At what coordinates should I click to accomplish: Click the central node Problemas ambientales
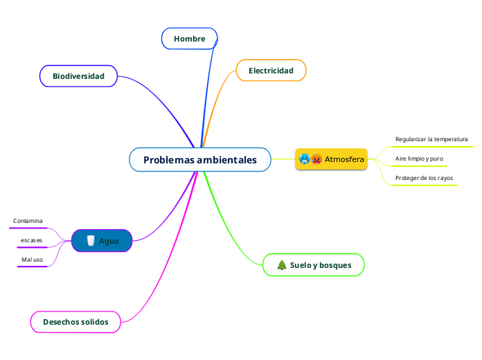(199, 160)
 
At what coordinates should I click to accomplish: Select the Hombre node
(190, 39)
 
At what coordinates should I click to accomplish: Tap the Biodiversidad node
(78, 76)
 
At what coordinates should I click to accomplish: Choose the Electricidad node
(271, 71)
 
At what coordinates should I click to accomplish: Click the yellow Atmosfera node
(331, 159)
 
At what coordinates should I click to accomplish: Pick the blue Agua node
(102, 241)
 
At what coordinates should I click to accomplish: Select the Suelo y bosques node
(314, 265)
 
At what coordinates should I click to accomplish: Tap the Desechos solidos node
(75, 322)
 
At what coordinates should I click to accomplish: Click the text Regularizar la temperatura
(431, 139)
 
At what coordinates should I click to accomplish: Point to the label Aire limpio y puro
(419, 159)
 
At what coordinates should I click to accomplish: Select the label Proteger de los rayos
(424, 178)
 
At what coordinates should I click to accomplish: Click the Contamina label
(28, 221)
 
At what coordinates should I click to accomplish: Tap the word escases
(31, 240)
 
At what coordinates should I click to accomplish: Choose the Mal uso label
(32, 260)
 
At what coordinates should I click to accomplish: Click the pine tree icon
(282, 265)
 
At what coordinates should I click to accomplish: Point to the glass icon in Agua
(90, 241)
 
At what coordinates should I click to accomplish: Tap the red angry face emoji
(316, 159)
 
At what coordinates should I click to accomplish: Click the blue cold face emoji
(305, 159)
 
